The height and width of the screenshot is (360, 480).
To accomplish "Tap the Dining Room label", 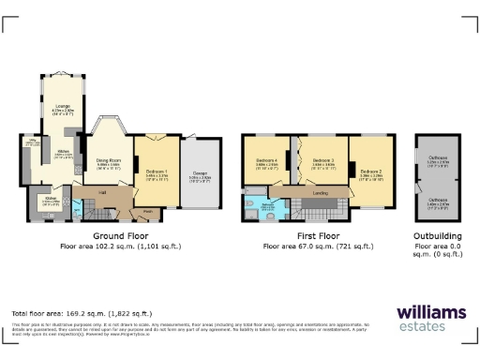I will coord(111,161).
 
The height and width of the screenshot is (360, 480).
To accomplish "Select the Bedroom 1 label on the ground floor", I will coord(157,172).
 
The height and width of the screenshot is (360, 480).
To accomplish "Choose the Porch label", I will coord(148,210).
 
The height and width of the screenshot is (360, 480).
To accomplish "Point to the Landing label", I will coord(318,194).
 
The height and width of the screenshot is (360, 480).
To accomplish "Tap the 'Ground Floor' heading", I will coord(121,236).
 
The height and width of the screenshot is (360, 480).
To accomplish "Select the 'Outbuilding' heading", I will coord(438,236).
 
